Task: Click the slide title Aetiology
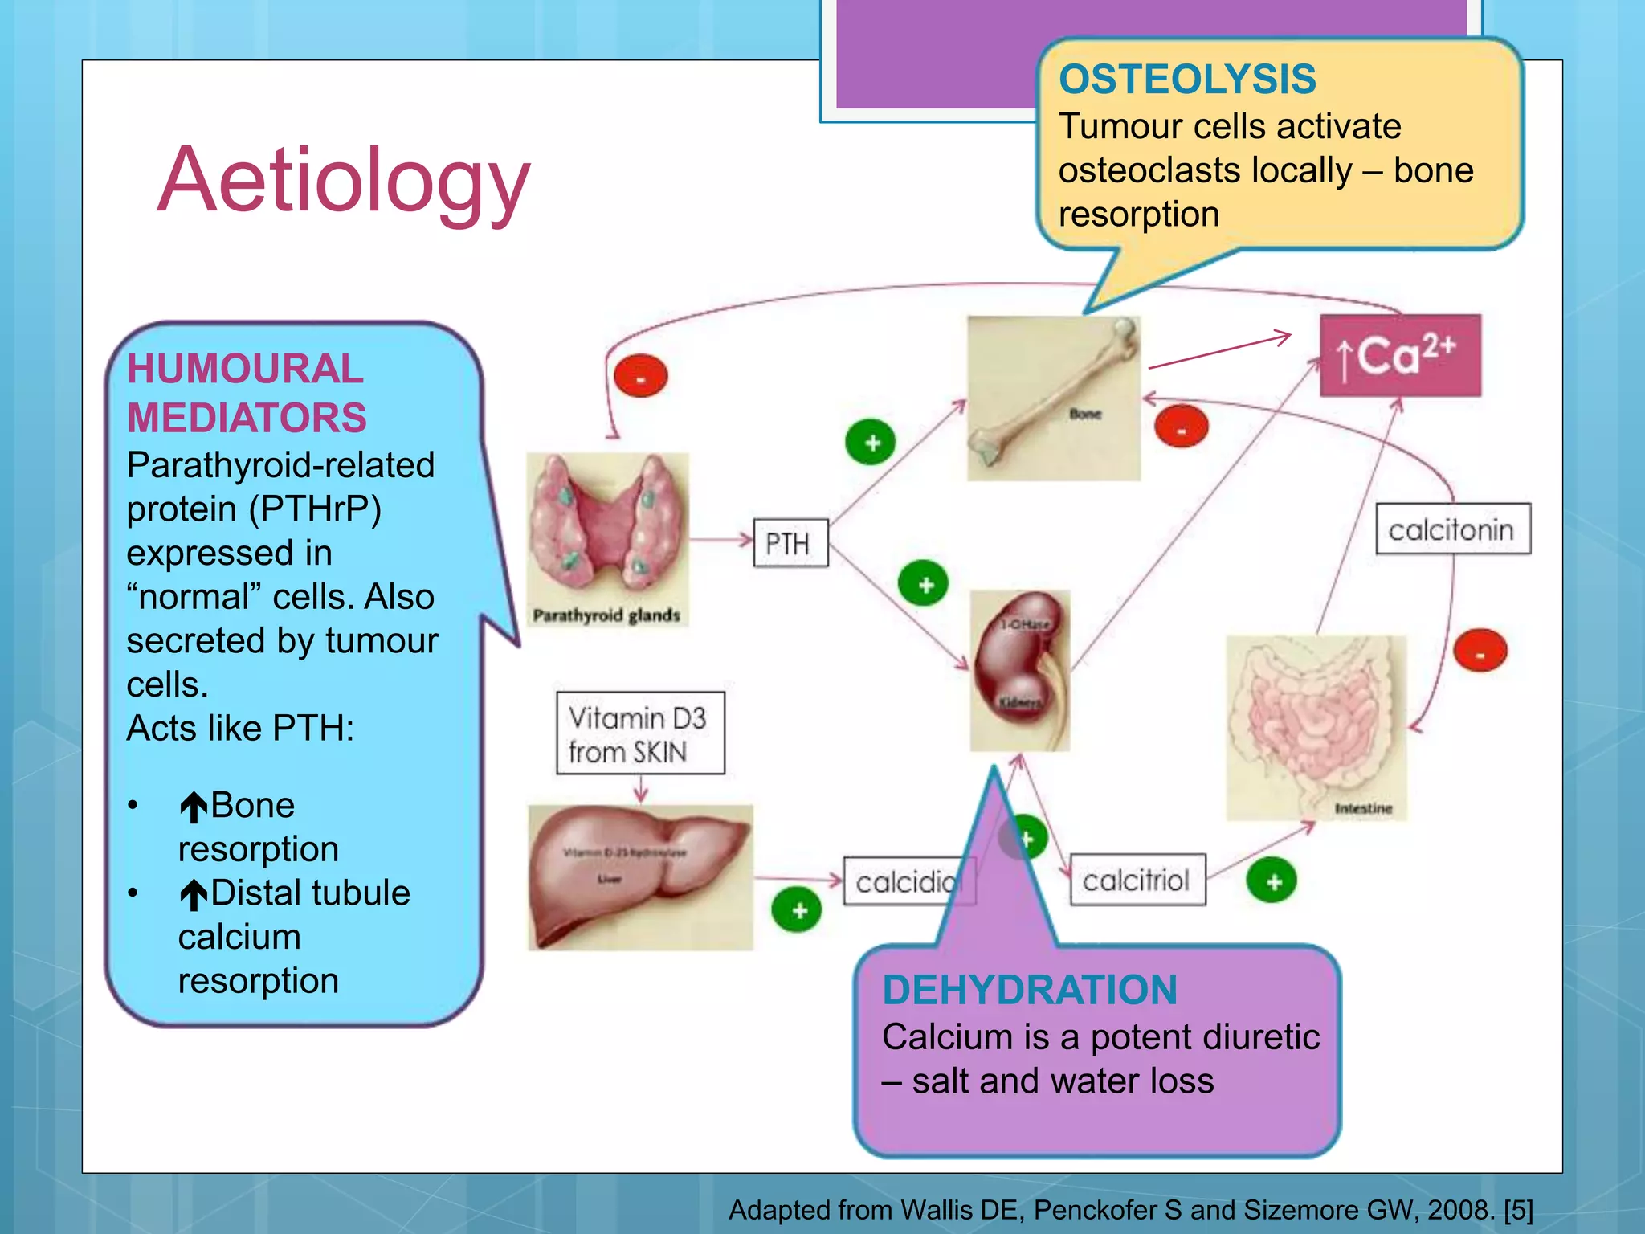pyautogui.click(x=344, y=181)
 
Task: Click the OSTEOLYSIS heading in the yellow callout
pyautogui.click(x=1187, y=80)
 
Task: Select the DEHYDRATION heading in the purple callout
pyautogui.click(x=1029, y=990)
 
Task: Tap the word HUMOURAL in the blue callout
pyautogui.click(x=245, y=370)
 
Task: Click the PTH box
pyautogui.click(x=790, y=544)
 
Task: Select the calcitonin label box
pyautogui.click(x=1452, y=529)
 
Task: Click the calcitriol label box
pyautogui.click(x=1137, y=881)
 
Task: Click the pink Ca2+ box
pyautogui.click(x=1400, y=356)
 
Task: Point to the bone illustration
pyautogui.click(x=1053, y=398)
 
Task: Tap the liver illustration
pyautogui.click(x=639, y=876)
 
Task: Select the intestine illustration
pyautogui.click(x=1315, y=727)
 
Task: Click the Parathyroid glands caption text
pyautogui.click(x=606, y=615)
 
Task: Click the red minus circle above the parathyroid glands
pyautogui.click(x=640, y=376)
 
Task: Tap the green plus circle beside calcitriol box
pyautogui.click(x=1272, y=881)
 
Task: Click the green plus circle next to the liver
pyautogui.click(x=798, y=911)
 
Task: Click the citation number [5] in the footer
pyautogui.click(x=1518, y=1210)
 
